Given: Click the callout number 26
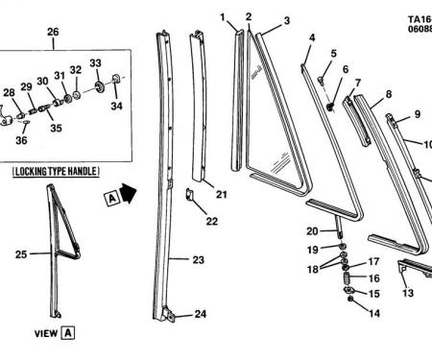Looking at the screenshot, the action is [53, 32].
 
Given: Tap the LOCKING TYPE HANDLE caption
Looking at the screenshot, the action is [56, 172].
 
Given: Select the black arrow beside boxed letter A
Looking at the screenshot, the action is [129, 193].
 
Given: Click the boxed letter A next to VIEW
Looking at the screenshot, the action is [68, 333].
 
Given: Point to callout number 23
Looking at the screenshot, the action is [198, 260].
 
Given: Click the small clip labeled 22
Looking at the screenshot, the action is [189, 194].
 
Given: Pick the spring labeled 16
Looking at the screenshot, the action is [347, 277].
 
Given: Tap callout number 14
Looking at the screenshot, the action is [374, 313].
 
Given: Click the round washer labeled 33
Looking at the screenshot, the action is [101, 87].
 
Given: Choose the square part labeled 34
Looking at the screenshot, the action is [116, 80].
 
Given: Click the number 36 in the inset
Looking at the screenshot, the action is [21, 140].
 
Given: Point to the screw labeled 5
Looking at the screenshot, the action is [321, 80].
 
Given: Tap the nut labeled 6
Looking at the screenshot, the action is [330, 107].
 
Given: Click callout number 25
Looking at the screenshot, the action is [21, 254].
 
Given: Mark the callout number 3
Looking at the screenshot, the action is [287, 20].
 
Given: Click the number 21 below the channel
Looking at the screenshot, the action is [222, 194].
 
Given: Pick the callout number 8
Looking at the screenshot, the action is [389, 94].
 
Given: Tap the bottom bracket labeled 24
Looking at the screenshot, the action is [170, 315].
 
